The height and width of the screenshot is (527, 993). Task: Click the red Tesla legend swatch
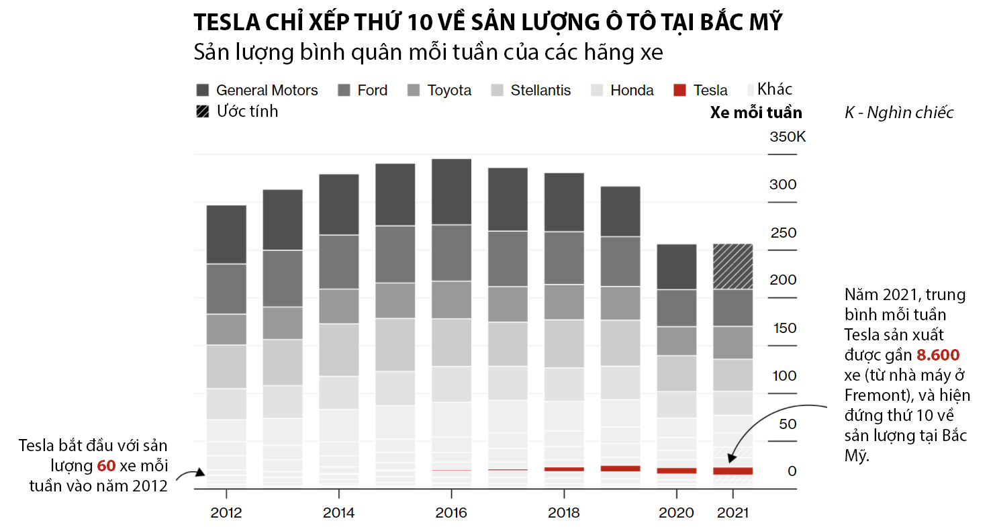[680, 91]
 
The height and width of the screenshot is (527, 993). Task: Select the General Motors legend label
[267, 91]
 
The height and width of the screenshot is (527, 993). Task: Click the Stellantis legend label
[540, 91]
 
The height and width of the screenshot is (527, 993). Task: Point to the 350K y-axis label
[788, 137]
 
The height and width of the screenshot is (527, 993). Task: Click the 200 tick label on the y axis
[783, 280]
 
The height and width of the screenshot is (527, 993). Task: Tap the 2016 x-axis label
[451, 514]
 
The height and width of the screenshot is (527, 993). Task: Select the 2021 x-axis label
[733, 514]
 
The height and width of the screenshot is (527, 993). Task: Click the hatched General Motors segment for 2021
[732, 267]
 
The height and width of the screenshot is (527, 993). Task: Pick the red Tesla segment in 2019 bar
[620, 469]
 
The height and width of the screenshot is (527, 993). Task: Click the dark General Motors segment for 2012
[226, 234]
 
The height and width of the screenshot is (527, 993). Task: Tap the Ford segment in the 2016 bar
[451, 252]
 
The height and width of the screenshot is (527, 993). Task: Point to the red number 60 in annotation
[106, 466]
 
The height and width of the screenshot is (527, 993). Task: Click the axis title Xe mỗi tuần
[756, 113]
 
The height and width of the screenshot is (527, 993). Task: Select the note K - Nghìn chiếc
[899, 113]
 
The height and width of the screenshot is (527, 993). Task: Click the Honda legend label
[632, 91]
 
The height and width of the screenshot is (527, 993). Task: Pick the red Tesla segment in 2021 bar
[732, 471]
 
